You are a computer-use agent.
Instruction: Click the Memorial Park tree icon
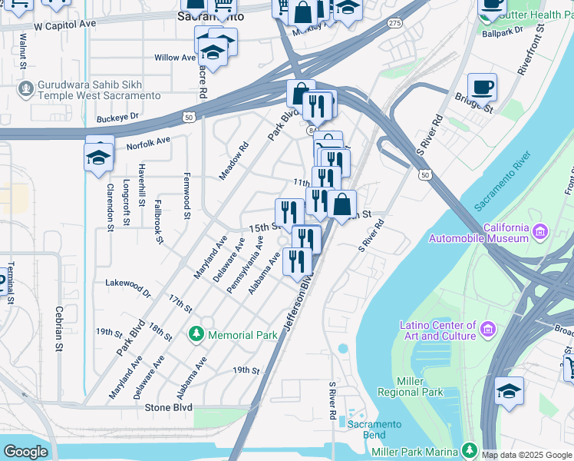point(196,335)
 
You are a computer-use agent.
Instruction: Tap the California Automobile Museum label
point(485,234)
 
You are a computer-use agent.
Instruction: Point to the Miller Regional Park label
point(421,386)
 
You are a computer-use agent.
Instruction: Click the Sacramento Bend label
point(374,429)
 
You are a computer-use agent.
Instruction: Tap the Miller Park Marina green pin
point(469,449)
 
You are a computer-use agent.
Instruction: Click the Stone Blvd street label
point(167,407)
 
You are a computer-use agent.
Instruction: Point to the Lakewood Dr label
point(128,286)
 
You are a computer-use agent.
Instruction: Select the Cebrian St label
point(58,329)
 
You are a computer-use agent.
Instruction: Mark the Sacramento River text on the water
point(503,182)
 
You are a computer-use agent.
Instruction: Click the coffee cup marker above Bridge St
point(481,87)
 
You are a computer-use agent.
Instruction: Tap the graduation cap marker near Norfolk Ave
point(98,158)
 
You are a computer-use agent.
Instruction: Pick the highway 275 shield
point(394,24)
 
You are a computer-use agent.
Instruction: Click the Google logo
point(25,452)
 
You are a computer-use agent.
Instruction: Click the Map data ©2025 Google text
point(526,455)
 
